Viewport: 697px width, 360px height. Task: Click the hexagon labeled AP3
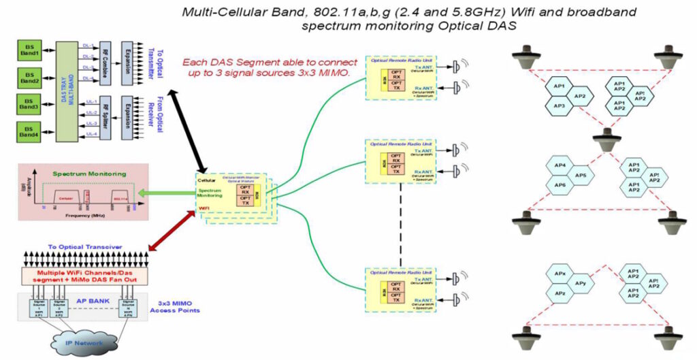click(558, 105)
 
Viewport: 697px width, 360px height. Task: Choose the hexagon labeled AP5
click(581, 176)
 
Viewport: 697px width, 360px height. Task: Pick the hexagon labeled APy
click(581, 283)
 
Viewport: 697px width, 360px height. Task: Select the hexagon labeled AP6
click(560, 185)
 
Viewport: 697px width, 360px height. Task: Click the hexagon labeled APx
click(560, 274)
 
